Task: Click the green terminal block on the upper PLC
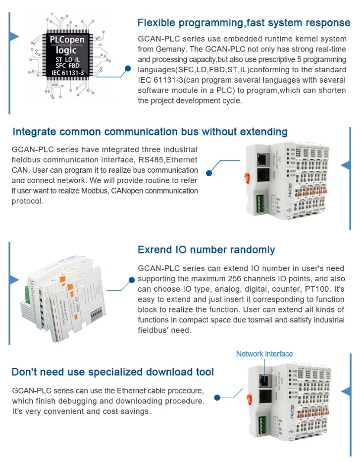(x=260, y=204)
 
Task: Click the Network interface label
(x=264, y=354)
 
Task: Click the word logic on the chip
(x=66, y=50)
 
